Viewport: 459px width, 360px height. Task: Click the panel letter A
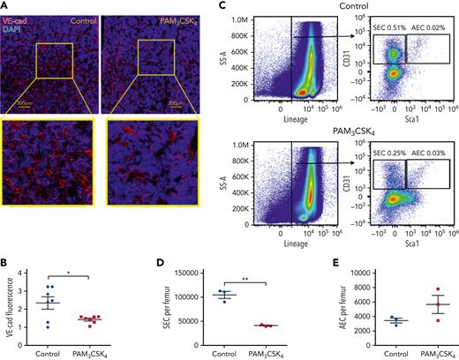(x=5, y=5)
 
